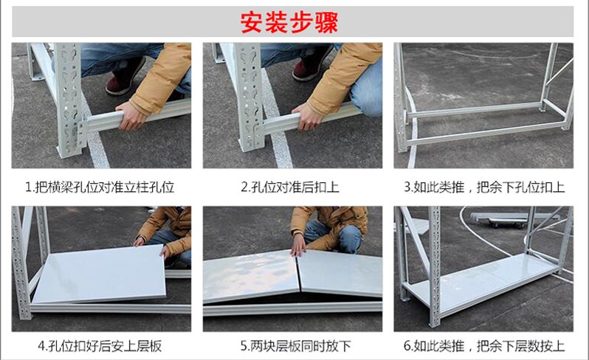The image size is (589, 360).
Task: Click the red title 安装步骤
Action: (x=289, y=23)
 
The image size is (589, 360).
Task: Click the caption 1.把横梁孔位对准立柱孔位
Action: (x=100, y=187)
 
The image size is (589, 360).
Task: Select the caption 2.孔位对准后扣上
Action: (x=290, y=187)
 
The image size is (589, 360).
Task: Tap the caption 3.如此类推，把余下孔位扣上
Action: (x=484, y=187)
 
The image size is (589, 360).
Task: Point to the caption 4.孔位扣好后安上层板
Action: (x=100, y=346)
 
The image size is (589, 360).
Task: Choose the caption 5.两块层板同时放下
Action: (x=295, y=346)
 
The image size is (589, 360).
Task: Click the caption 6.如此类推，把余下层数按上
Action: (x=484, y=346)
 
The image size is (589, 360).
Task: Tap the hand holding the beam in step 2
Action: (x=308, y=116)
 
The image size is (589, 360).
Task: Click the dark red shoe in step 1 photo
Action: (x=125, y=76)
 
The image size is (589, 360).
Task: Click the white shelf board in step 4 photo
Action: (x=100, y=273)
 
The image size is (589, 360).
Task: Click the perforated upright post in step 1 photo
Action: (x=69, y=100)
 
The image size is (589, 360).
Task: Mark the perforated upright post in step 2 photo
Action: (x=248, y=97)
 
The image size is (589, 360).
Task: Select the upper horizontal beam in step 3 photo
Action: (x=474, y=110)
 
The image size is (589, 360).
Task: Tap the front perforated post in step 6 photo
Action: (x=434, y=266)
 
